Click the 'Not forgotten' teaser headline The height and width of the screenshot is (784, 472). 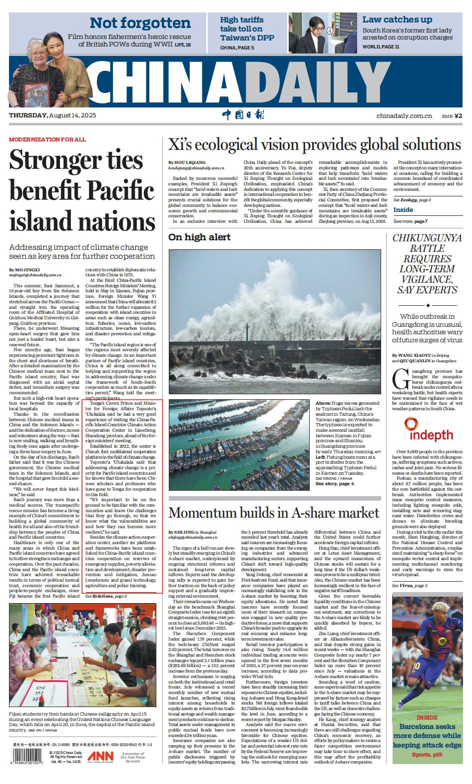click(140, 23)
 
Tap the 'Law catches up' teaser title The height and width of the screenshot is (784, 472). click(397, 19)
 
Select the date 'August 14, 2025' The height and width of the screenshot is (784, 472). click(72, 115)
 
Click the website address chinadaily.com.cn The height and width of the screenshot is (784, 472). click(404, 116)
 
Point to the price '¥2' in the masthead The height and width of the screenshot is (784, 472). click(459, 116)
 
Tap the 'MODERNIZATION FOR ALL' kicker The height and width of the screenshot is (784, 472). click(47, 139)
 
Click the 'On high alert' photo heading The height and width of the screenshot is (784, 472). click(199, 237)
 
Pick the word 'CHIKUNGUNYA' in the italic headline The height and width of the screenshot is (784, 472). click(427, 238)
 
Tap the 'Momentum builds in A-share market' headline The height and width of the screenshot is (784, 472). click(274, 513)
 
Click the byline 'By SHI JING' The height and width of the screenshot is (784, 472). click(183, 532)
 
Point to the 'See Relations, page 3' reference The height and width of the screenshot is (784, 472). click(105, 596)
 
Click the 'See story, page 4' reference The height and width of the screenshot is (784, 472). click(335, 483)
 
